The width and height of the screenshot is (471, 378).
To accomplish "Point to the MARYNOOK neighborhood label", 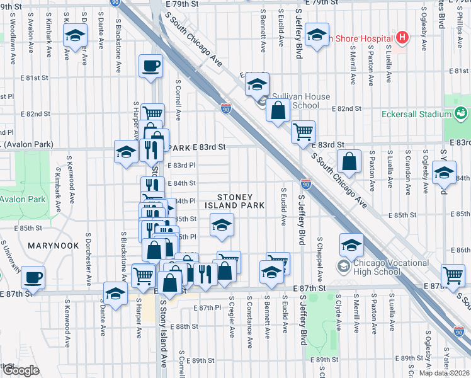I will pyautogui.click(x=54, y=245).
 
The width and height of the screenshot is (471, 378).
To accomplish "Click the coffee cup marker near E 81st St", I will pyautogui.click(x=151, y=66).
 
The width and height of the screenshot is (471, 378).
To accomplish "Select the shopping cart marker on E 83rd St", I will pyautogui.click(x=304, y=131).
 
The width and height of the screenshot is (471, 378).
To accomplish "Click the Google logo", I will pyautogui.click(x=21, y=370).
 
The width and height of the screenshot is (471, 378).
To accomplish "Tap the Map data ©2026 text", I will pyautogui.click(x=444, y=373).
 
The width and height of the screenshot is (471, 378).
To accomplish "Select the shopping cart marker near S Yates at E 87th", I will pyautogui.click(x=453, y=274).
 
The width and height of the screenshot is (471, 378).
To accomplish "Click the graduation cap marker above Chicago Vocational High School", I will pyautogui.click(x=352, y=243).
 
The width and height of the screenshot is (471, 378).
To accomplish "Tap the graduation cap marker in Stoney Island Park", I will pyautogui.click(x=221, y=224).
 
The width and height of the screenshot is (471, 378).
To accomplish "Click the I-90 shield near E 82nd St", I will pyautogui.click(x=226, y=109).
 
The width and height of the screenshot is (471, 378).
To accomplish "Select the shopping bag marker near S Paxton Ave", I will pyautogui.click(x=349, y=161).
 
